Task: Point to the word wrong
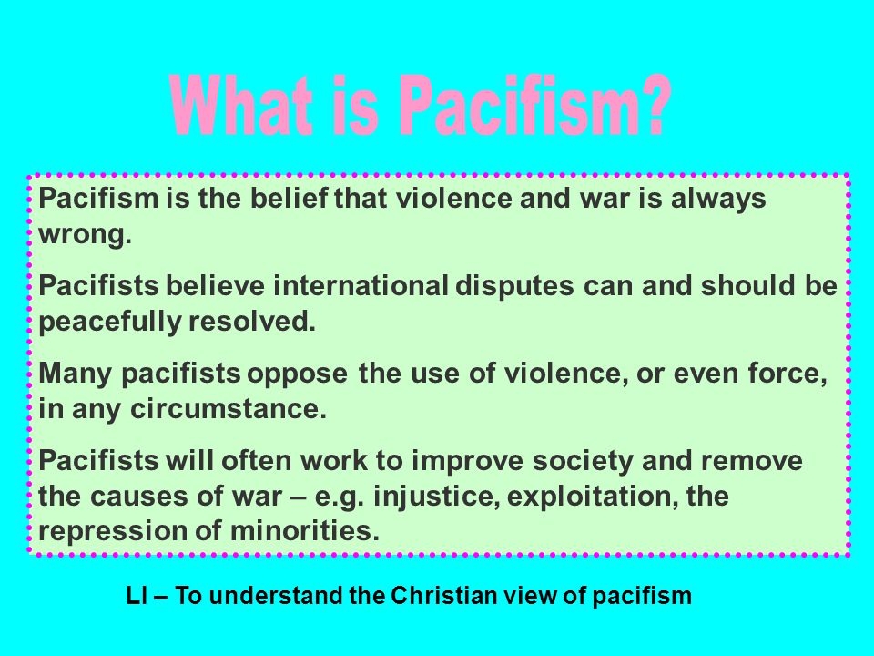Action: coord(86,234)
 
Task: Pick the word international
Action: coord(361,285)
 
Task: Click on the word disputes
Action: coord(514,287)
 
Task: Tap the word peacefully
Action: coord(110,322)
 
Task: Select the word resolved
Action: coord(252,321)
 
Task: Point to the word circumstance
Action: coord(229,409)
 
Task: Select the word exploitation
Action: coord(593,497)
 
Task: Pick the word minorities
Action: coord(304,530)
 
